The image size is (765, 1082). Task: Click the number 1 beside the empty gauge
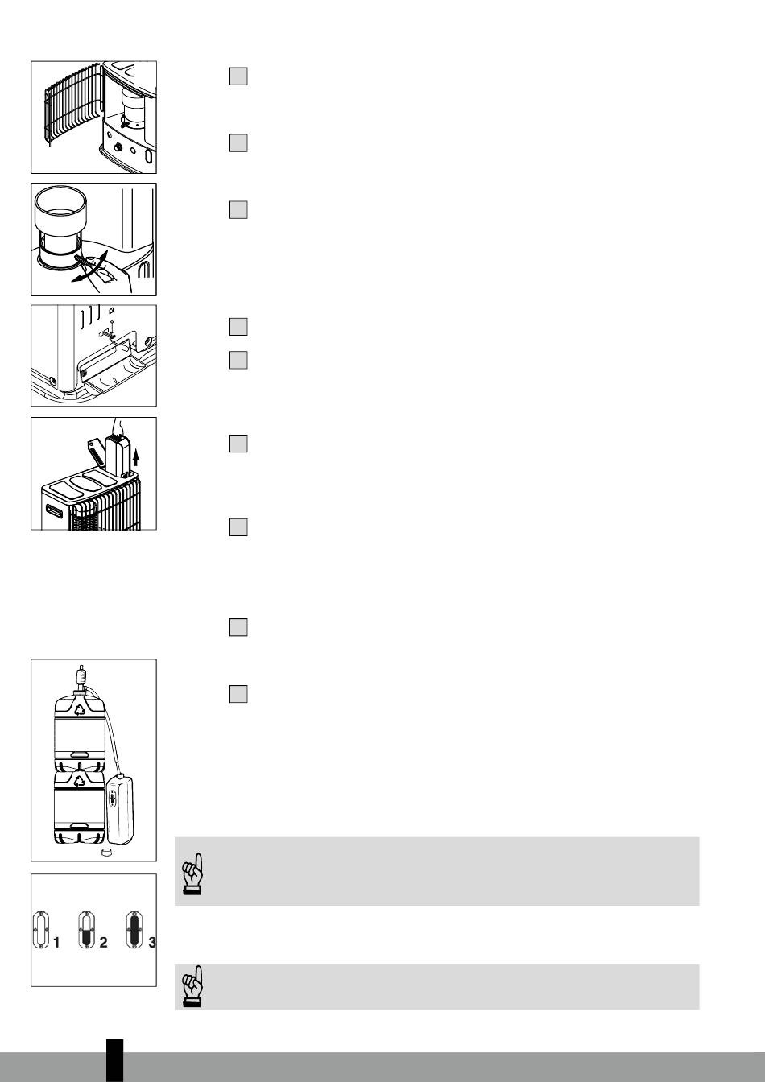coord(56,943)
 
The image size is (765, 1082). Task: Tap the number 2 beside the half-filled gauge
coord(103,943)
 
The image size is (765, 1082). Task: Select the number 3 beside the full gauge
coord(152,943)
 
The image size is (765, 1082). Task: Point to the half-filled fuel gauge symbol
coord(86,930)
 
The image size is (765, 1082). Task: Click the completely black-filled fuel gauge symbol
coord(134,930)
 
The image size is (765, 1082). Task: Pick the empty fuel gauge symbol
coord(40,930)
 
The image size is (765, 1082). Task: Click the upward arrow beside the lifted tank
coord(136,456)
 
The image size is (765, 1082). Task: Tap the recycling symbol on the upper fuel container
coord(80,709)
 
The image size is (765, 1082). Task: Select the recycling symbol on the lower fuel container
coord(80,779)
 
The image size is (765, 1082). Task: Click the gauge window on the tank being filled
coord(113,799)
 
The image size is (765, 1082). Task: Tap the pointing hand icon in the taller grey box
coord(192,873)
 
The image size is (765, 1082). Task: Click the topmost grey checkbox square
coord(238,76)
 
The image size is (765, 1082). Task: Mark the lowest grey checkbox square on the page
coord(238,694)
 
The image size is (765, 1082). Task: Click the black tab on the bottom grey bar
coord(115,1060)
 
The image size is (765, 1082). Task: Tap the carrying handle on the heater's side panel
coord(54,510)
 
